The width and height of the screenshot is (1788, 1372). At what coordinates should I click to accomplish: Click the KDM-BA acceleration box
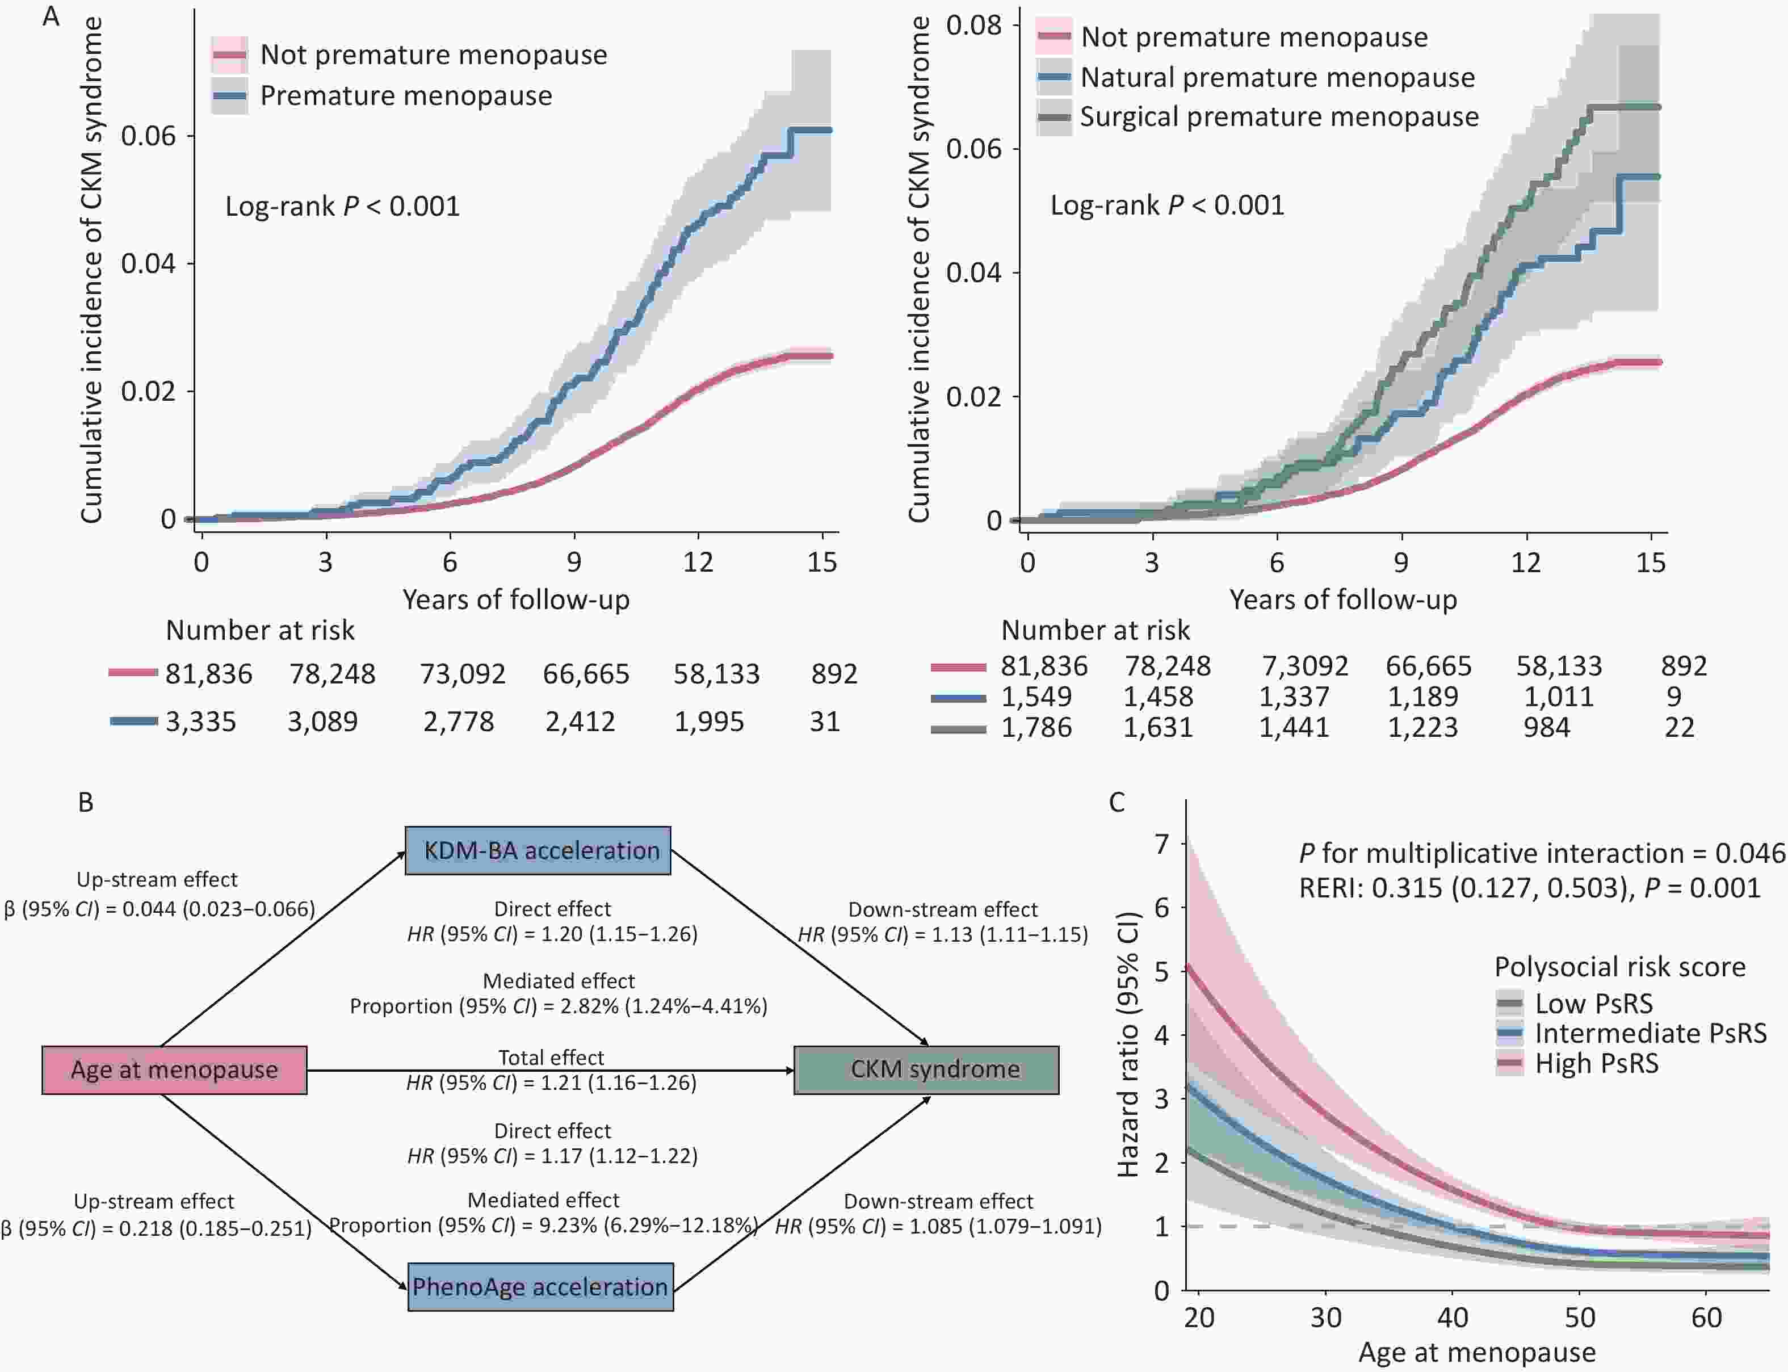pyautogui.click(x=538, y=850)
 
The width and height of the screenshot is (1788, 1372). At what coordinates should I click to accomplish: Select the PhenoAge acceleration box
pyautogui.click(x=540, y=1286)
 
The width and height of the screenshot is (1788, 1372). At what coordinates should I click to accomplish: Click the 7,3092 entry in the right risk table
pyautogui.click(x=1304, y=666)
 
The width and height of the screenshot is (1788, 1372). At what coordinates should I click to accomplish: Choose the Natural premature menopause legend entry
pyautogui.click(x=1277, y=78)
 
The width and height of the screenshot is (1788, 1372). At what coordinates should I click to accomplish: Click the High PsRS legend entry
pyautogui.click(x=1596, y=1063)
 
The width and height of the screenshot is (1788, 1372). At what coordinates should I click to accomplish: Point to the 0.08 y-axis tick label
pyautogui.click(x=973, y=26)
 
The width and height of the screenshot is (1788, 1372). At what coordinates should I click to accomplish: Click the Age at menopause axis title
pyautogui.click(x=1476, y=1352)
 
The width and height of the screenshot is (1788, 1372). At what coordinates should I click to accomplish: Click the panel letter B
pyautogui.click(x=86, y=802)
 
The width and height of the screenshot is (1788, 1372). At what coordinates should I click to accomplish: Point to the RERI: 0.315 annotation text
pyautogui.click(x=1529, y=888)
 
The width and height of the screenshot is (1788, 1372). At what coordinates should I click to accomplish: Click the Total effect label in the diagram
pyautogui.click(x=551, y=1058)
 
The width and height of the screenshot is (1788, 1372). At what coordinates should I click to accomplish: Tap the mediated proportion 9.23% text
pyautogui.click(x=544, y=1225)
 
